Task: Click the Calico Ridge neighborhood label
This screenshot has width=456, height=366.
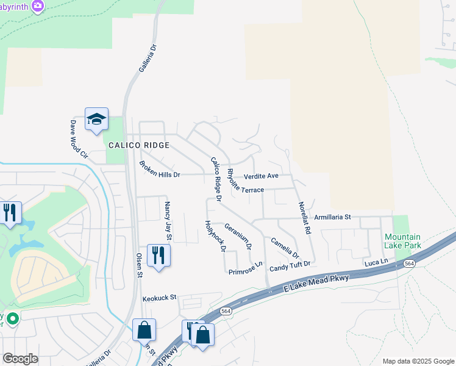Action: tap(138, 145)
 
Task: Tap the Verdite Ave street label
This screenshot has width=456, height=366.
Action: tap(260, 176)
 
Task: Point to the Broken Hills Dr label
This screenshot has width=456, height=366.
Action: tap(160, 170)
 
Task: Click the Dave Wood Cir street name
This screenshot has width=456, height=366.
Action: tap(77, 139)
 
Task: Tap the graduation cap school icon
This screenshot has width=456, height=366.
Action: tap(96, 119)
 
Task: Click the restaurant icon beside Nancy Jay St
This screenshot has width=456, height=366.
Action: tap(159, 255)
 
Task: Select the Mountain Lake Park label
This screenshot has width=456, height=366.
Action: tap(402, 241)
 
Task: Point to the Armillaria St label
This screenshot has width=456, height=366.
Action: tap(332, 217)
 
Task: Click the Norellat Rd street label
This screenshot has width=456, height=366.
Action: tap(304, 218)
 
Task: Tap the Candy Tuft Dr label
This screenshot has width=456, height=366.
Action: tap(290, 264)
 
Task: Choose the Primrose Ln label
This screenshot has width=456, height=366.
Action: tap(246, 268)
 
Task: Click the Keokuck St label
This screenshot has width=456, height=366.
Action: tap(159, 298)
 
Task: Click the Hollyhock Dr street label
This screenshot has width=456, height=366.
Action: tap(215, 236)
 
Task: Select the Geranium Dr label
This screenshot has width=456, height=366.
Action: tap(238, 236)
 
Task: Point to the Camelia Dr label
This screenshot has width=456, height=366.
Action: tap(285, 247)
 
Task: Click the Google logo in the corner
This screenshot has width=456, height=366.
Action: tap(20, 359)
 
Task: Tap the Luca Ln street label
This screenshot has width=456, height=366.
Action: tap(376, 262)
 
